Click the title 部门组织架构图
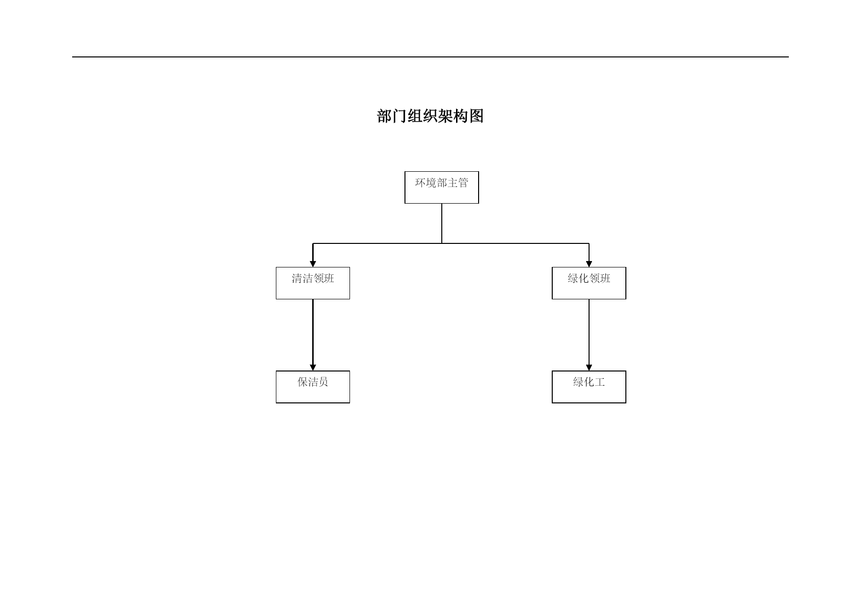(x=430, y=116)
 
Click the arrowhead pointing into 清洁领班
(x=313, y=264)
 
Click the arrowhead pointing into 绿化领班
(x=589, y=264)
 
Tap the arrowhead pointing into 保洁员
(x=313, y=368)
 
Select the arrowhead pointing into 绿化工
(x=589, y=368)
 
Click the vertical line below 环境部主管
(x=442, y=223)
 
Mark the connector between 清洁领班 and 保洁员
(x=313, y=335)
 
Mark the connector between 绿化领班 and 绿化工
(x=589, y=335)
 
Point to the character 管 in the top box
(x=463, y=183)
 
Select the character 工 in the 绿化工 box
(x=600, y=382)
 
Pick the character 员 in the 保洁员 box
(x=323, y=382)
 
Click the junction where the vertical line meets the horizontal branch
(x=442, y=243)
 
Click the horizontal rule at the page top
(x=430, y=57)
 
